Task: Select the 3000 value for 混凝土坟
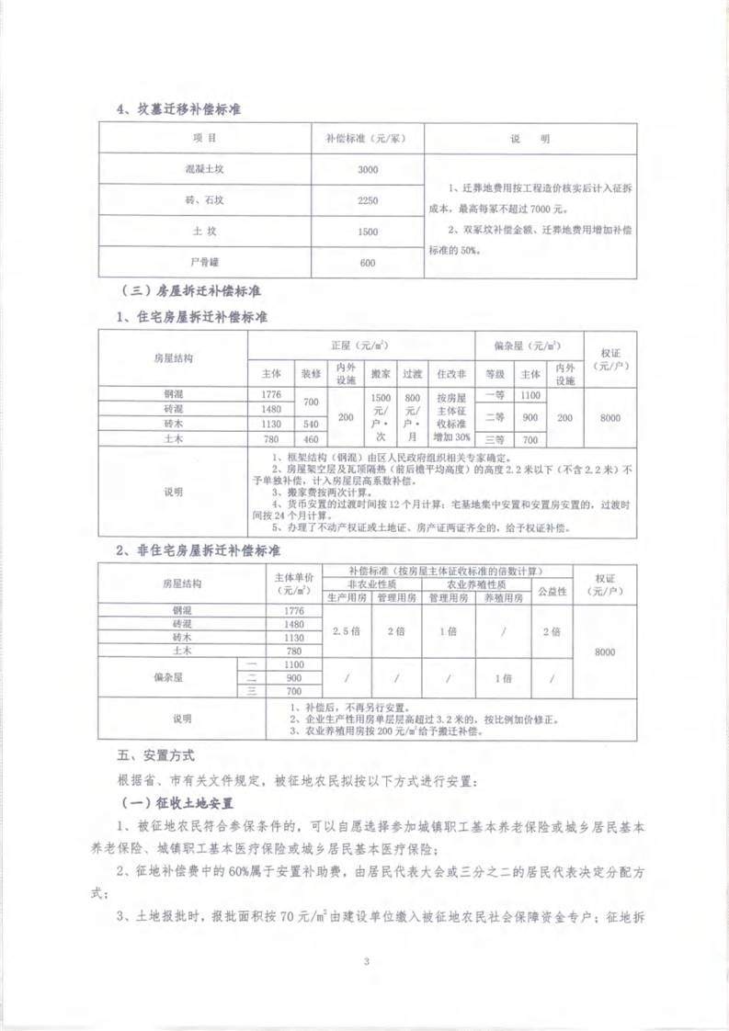pos(367,170)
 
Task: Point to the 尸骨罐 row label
pos(204,262)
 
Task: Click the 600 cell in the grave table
pos(367,263)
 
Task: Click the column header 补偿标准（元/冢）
pos(367,139)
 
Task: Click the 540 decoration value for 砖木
pos(310,425)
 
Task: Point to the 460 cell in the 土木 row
pos(310,440)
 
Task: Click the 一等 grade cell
pos(495,394)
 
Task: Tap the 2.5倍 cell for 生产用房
pos(347,631)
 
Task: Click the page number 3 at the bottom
pos(366,963)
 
